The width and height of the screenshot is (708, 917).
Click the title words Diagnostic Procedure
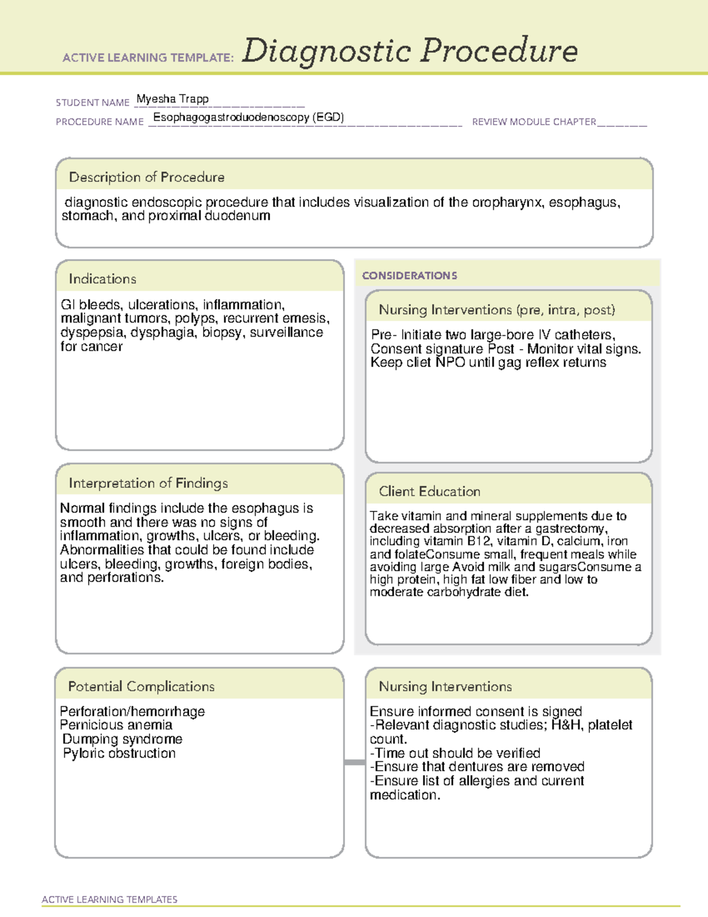[409, 51]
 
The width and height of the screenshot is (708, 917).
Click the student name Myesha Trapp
[172, 99]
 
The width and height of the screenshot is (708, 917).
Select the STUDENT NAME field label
[93, 103]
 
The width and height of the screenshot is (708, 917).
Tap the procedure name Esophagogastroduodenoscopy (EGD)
[248, 117]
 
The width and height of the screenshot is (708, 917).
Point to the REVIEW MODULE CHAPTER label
[534, 122]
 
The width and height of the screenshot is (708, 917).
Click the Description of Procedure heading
[146, 177]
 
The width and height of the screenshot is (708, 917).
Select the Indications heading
[102, 279]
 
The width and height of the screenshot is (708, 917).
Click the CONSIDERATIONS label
[409, 276]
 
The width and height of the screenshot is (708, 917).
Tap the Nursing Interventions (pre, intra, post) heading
[497, 310]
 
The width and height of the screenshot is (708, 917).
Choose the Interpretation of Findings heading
[148, 483]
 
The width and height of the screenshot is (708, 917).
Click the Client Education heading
[430, 491]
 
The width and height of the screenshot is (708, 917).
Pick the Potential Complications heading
[141, 686]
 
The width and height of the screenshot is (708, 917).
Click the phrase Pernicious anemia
[116, 725]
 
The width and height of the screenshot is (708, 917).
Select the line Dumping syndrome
[122, 739]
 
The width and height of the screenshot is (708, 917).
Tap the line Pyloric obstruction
[119, 753]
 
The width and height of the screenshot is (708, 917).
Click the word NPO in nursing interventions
[450, 363]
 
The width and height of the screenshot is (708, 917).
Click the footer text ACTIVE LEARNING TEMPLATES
[110, 899]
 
